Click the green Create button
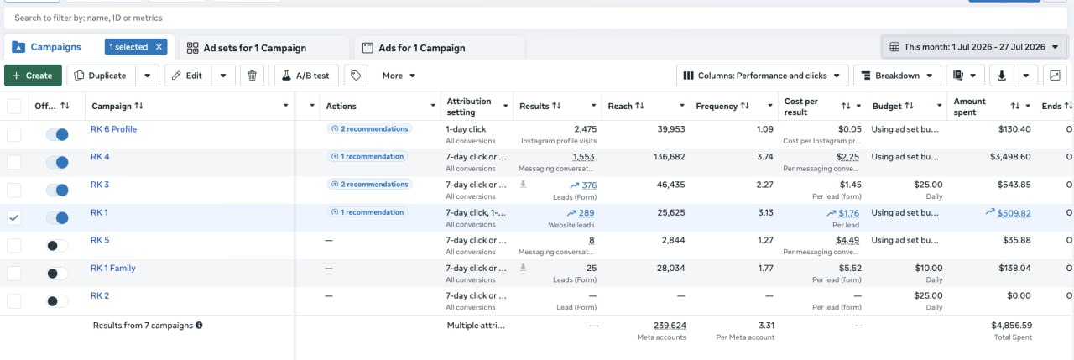(33, 76)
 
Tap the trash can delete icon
(253, 76)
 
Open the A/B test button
(306, 76)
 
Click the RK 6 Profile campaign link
(113, 129)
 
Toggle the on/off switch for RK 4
(58, 163)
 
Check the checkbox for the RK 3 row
(14, 190)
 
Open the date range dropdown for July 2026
(974, 47)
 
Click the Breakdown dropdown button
(897, 76)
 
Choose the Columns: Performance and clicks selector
(763, 76)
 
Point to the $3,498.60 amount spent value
(1010, 157)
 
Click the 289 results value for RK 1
(586, 213)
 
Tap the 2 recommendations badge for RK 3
(370, 185)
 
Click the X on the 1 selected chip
(159, 47)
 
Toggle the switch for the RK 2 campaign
(58, 301)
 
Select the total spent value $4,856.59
(1012, 326)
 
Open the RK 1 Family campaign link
(113, 268)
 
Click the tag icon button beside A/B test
(356, 76)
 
